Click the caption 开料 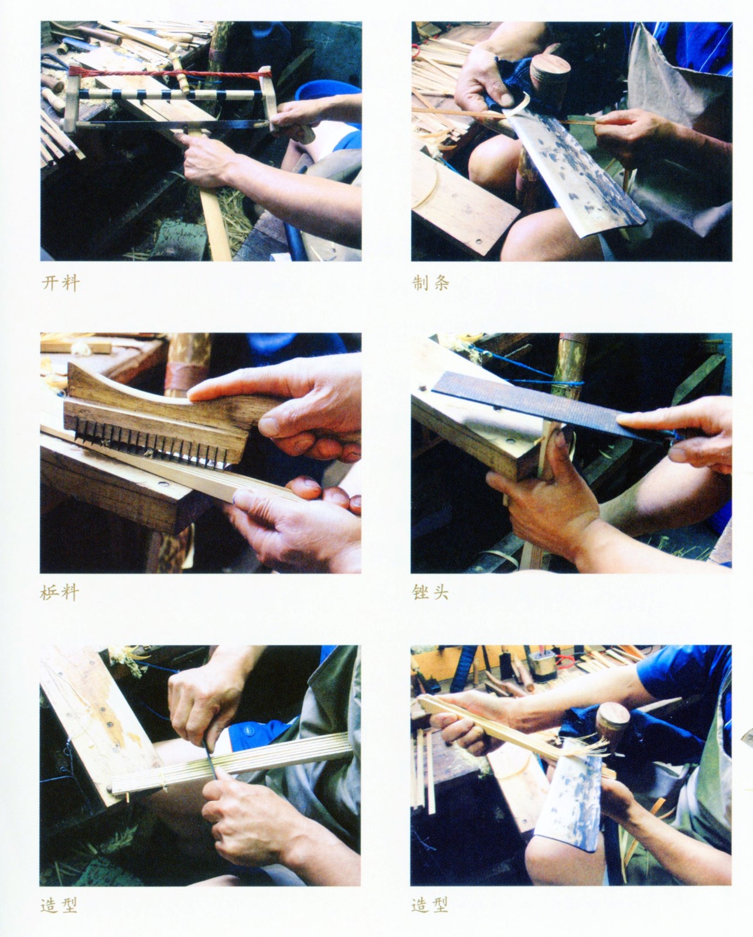coord(60,283)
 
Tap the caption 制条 coord(430,283)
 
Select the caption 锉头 coord(430,593)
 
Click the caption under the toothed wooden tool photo coord(60,593)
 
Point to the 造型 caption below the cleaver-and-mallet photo coord(430,902)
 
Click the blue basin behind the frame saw coord(328,100)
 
